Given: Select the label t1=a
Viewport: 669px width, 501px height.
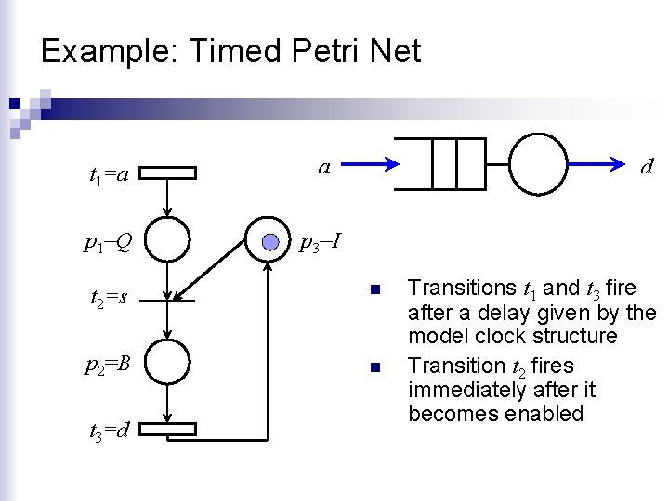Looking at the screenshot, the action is [x=109, y=173].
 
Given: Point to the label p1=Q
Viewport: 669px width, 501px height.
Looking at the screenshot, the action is [x=108, y=244].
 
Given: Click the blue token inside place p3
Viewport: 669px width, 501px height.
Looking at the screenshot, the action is [x=269, y=242].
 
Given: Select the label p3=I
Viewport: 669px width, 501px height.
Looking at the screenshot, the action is [x=321, y=244].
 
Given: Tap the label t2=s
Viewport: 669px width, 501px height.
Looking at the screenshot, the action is [x=109, y=298].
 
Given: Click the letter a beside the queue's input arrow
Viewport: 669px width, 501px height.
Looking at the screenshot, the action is [x=323, y=167].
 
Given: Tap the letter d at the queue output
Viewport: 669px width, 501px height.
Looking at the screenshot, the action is [x=648, y=167].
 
